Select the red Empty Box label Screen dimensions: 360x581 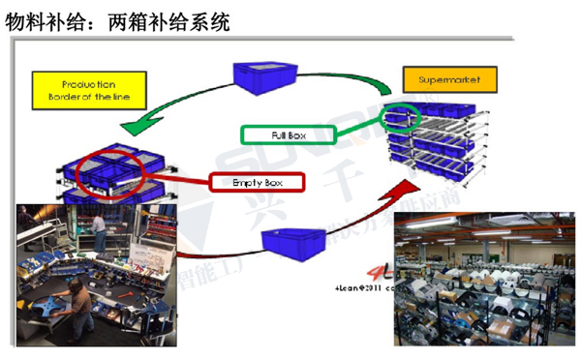click(x=257, y=181)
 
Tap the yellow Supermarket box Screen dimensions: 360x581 click(x=448, y=78)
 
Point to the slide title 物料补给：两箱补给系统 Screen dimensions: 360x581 click(x=118, y=20)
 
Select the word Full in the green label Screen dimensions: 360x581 click(x=279, y=135)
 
